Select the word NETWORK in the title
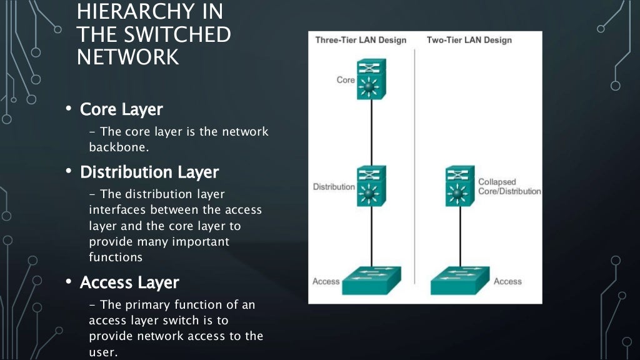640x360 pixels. pyautogui.click(x=127, y=57)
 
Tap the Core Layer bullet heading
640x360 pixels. pyautogui.click(x=121, y=109)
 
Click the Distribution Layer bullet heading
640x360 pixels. pyautogui.click(x=149, y=171)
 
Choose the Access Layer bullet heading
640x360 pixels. pyautogui.click(x=129, y=282)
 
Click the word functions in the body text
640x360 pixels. pyautogui.click(x=116, y=257)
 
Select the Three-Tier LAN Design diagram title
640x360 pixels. pyautogui.click(x=361, y=40)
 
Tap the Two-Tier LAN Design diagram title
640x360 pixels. pyautogui.click(x=469, y=40)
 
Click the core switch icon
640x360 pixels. pyautogui.click(x=372, y=79)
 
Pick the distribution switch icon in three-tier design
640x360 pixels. pyautogui.click(x=372, y=186)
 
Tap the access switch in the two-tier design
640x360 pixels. pyautogui.click(x=460, y=281)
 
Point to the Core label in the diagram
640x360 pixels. pyautogui.click(x=346, y=80)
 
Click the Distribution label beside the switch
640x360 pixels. pyautogui.click(x=334, y=187)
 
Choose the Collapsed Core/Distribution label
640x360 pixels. pyautogui.click(x=509, y=186)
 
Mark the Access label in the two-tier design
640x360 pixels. pyautogui.click(x=507, y=281)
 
